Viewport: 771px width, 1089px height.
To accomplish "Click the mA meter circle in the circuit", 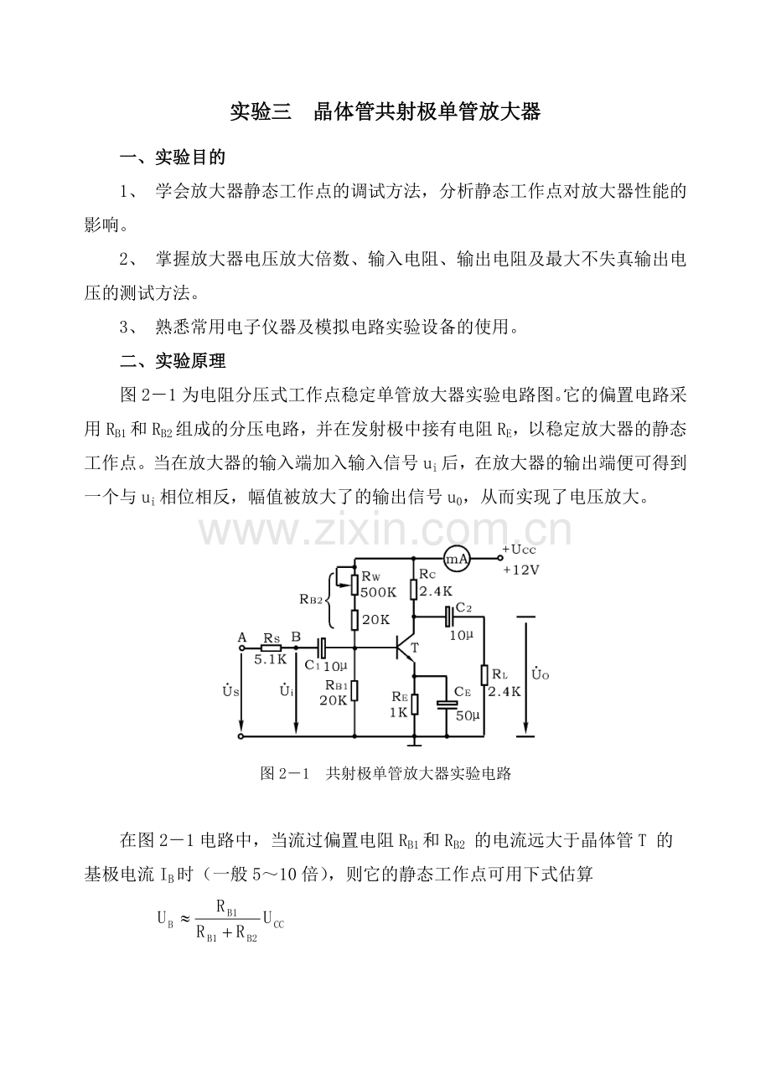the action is pos(457,559).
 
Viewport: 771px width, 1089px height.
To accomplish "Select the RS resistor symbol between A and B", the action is pos(271,648).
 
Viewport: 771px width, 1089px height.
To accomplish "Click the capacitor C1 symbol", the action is pos(321,648).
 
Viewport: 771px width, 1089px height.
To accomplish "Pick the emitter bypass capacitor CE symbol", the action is pos(447,704).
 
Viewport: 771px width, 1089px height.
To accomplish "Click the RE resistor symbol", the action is pos(415,704).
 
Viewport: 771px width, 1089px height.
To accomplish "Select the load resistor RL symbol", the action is pos(484,675).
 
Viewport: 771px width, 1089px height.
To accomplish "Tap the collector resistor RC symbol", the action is pos(413,589).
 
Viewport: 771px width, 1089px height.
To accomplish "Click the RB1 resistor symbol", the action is pos(354,690).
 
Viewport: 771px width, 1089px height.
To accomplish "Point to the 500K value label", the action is pos(379,592).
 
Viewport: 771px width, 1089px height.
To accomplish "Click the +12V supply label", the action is pos(521,570).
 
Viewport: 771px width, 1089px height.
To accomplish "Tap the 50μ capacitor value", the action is pos(468,716).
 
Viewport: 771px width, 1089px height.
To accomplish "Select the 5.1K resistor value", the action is pos(271,660).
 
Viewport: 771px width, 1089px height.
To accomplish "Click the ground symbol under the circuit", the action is pos(415,742).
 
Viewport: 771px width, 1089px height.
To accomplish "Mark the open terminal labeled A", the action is pos(241,648).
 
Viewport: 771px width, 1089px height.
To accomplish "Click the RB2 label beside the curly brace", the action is pos(311,600).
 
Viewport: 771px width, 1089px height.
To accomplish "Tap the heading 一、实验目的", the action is pos(173,157).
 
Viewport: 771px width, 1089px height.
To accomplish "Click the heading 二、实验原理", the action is pos(173,361).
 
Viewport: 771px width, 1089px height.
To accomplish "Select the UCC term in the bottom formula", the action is pos(273,916).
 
